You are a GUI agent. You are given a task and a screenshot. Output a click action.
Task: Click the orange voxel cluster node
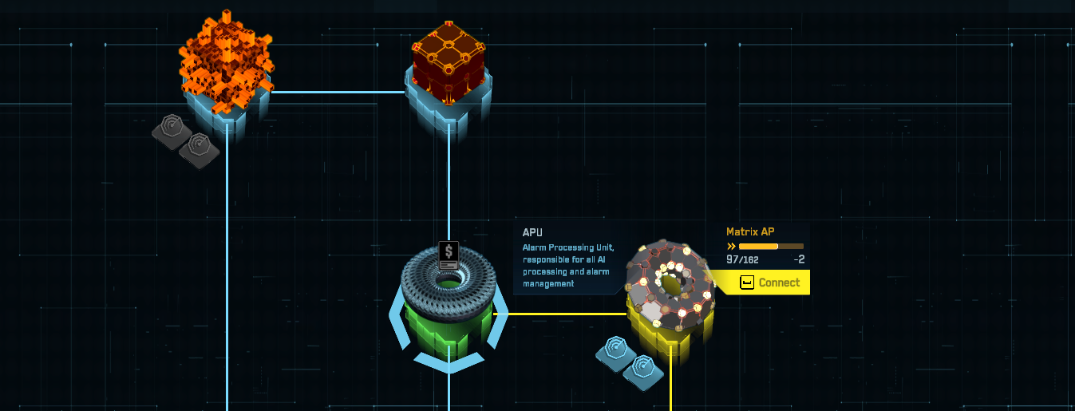click(226, 60)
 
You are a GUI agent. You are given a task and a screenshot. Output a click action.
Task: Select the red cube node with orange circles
click(449, 62)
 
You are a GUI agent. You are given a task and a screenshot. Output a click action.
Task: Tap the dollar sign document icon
click(449, 255)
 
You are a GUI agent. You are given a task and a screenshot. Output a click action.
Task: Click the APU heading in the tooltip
click(533, 232)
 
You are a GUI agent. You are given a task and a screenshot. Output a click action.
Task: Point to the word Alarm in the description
click(537, 247)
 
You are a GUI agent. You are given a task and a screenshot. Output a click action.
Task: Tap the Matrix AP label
click(750, 232)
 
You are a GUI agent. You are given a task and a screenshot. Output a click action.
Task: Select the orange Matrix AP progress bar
click(770, 247)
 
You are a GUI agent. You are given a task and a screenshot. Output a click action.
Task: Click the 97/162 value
click(742, 259)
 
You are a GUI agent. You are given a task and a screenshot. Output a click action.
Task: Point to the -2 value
click(799, 259)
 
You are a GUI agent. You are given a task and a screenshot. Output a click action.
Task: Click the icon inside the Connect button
click(748, 283)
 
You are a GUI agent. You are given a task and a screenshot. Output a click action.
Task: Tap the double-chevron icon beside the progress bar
click(731, 247)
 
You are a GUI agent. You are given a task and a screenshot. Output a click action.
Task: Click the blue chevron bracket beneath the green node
click(450, 364)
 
